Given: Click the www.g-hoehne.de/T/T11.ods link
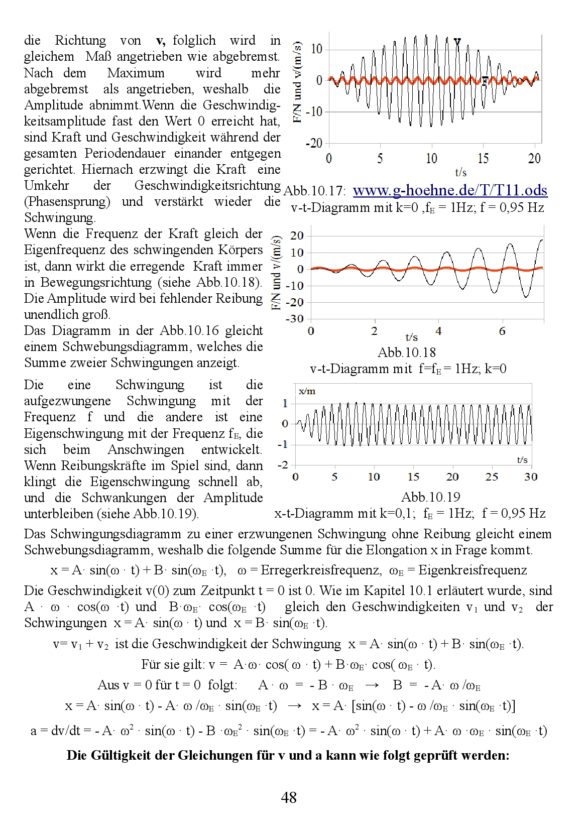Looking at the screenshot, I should (450, 191).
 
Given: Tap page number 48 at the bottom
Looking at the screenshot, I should (289, 797).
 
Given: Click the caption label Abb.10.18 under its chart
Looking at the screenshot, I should (406, 352).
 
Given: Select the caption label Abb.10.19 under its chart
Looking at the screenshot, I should (430, 497).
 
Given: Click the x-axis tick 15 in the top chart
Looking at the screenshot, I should (483, 159).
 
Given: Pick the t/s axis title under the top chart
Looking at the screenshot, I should (460, 173).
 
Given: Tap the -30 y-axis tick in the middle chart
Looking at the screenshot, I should (295, 319).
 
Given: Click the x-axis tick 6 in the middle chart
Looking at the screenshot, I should (502, 331).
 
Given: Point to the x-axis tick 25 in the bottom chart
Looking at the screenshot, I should (492, 477).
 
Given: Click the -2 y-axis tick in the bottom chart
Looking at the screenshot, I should (283, 465).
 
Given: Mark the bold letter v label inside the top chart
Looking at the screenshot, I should (457, 42).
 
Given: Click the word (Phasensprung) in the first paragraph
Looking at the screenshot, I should (67, 202).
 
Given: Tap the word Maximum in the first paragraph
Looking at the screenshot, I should (136, 73).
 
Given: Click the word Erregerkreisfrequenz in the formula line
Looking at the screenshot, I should (320, 570).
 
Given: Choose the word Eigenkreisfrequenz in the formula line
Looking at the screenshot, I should (473, 570).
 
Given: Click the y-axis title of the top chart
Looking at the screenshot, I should (297, 82).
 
